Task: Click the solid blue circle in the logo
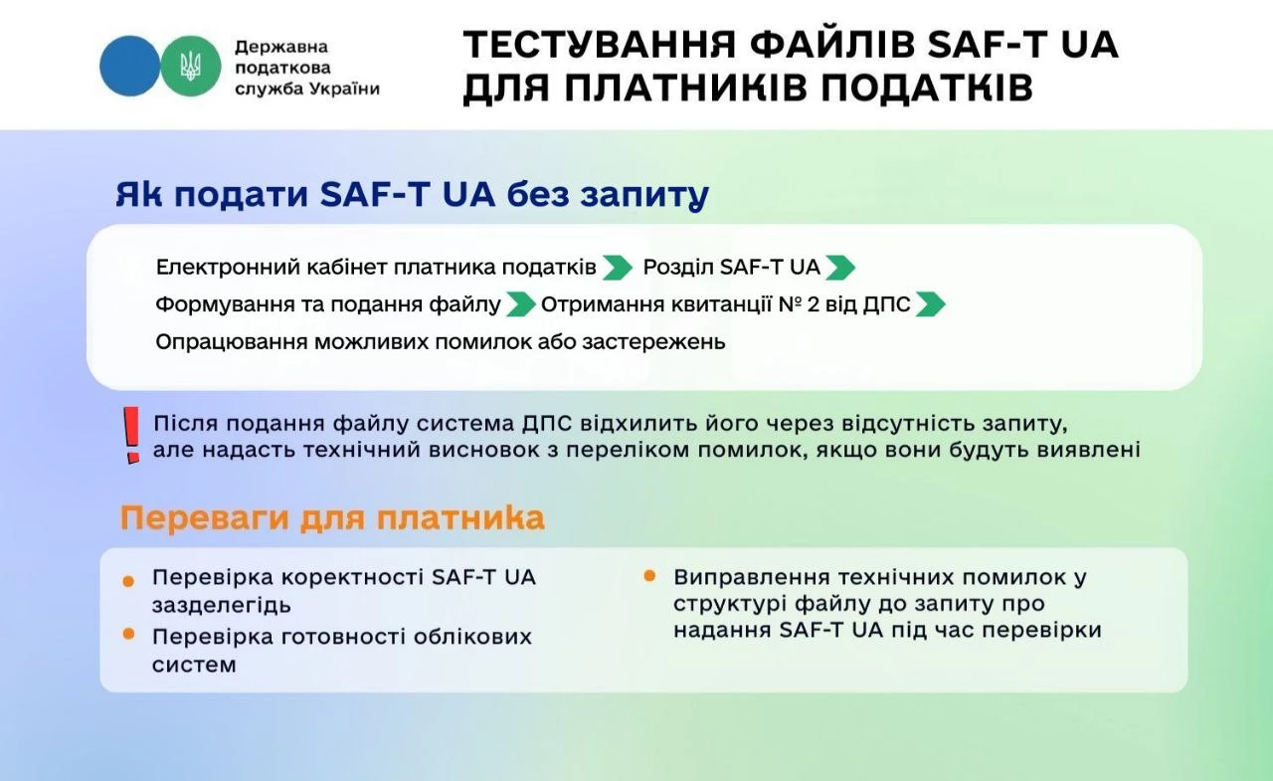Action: [x=129, y=66]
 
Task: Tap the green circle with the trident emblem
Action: [x=190, y=66]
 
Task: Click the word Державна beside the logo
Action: [x=280, y=47]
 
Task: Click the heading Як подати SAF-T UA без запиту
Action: [x=412, y=195]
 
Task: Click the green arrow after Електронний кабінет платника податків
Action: [x=618, y=268]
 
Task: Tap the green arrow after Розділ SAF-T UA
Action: [x=840, y=268]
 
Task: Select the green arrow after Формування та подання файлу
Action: [x=520, y=304]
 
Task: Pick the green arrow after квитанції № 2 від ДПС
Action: [x=930, y=304]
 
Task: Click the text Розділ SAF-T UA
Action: [x=731, y=268]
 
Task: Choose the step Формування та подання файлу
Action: [x=328, y=304]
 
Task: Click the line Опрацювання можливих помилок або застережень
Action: [x=441, y=342]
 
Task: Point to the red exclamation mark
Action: [x=130, y=435]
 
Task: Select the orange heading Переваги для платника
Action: [x=332, y=518]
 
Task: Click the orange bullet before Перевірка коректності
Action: [x=128, y=581]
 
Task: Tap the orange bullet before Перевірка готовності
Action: [x=128, y=634]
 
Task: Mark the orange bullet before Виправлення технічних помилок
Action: [x=649, y=576]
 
